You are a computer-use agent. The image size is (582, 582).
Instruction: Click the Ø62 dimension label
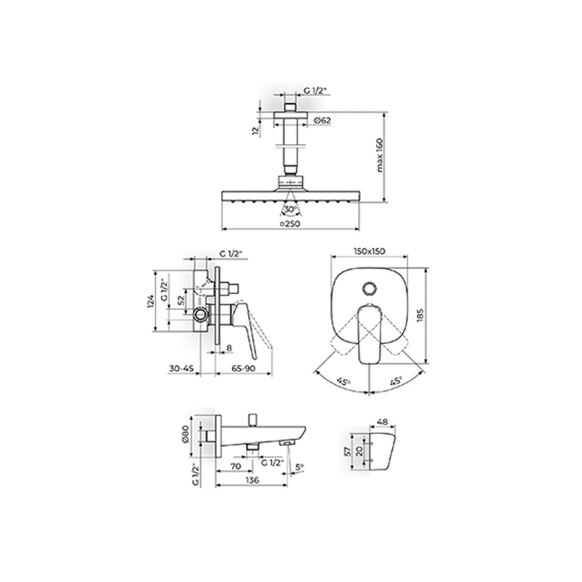322,120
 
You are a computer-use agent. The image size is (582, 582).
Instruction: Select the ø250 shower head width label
290,224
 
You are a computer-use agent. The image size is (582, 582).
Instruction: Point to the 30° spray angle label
291,209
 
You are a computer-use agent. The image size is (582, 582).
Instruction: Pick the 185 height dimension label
421,315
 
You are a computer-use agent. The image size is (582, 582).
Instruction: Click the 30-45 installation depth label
181,369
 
